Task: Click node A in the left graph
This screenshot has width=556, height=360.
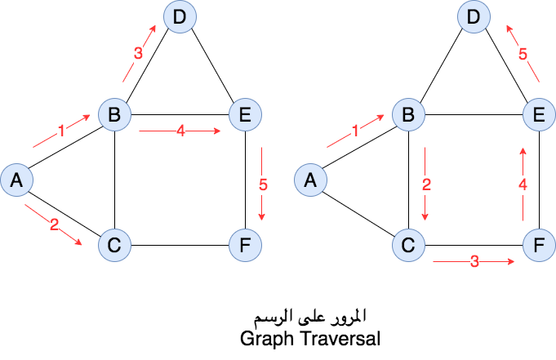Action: click(x=16, y=180)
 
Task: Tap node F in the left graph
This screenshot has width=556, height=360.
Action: click(x=244, y=244)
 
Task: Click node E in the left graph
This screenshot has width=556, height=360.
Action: click(x=244, y=114)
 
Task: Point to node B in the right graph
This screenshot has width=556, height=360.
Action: click(x=407, y=114)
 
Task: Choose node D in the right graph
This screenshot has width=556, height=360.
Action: click(x=473, y=17)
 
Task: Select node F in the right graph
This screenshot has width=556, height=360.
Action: click(x=538, y=244)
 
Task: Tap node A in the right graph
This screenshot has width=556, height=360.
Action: click(x=309, y=180)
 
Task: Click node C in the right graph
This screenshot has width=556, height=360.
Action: click(x=407, y=244)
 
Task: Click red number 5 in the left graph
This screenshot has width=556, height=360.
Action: click(x=263, y=184)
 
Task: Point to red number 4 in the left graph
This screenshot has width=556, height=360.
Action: click(x=180, y=131)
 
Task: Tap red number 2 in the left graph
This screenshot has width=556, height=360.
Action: click(x=54, y=225)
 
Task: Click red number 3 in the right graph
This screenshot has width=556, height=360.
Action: click(x=474, y=263)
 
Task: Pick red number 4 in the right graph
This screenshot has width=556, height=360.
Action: click(x=523, y=185)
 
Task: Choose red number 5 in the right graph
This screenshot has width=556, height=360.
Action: click(x=523, y=55)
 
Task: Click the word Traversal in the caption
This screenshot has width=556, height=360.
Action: click(x=341, y=336)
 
